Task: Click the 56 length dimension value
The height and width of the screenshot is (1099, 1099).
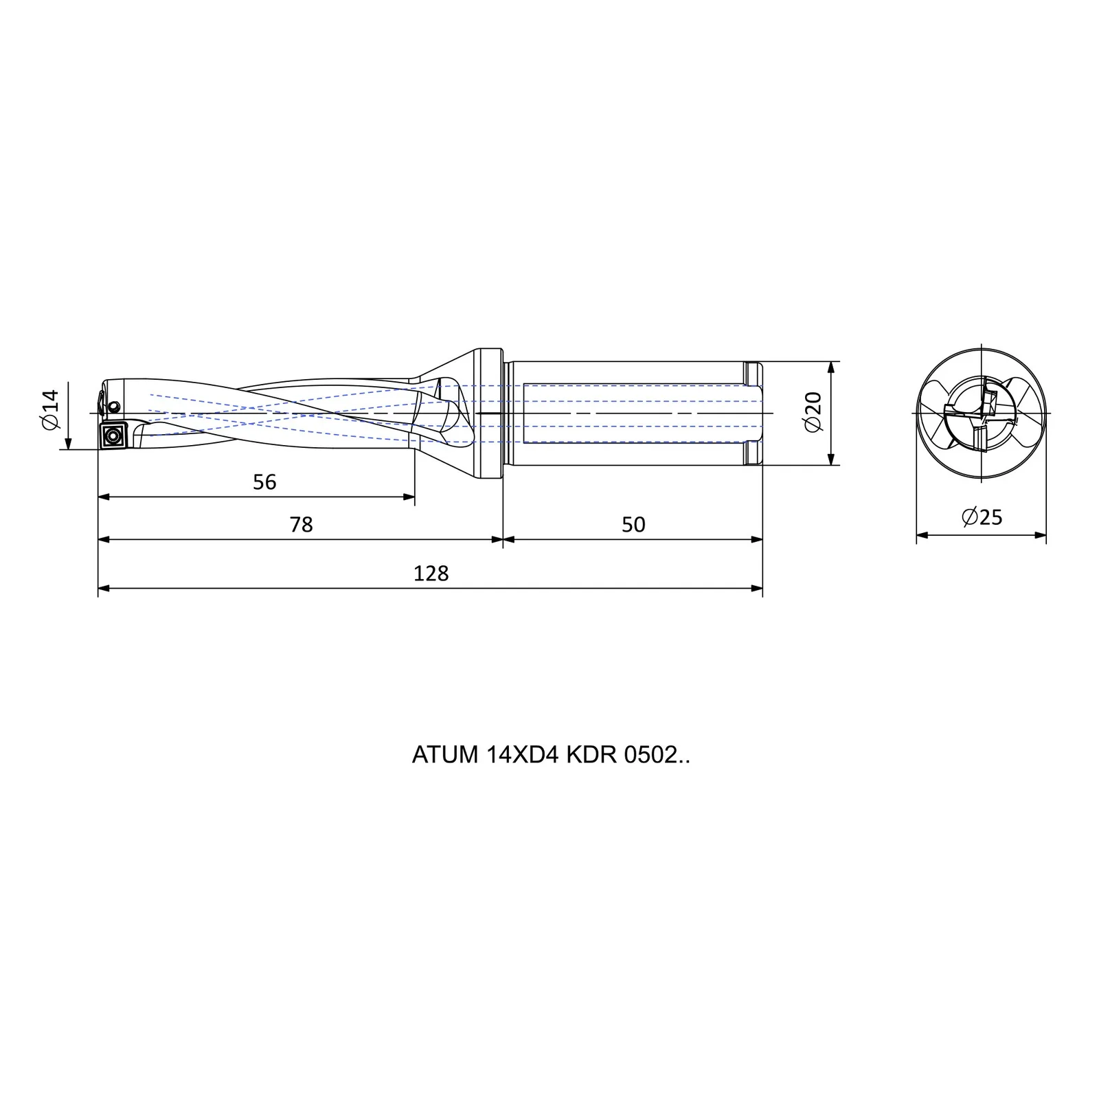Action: click(x=264, y=482)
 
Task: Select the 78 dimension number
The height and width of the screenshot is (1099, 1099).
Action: click(x=301, y=525)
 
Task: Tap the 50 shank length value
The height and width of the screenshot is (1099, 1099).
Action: click(x=633, y=525)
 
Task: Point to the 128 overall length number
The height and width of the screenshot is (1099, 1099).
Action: click(x=431, y=574)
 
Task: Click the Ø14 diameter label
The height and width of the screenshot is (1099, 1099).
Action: click(x=51, y=410)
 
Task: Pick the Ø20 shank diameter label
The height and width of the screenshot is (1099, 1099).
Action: click(x=813, y=411)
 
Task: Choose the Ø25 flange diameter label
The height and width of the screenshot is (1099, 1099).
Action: click(x=982, y=517)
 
